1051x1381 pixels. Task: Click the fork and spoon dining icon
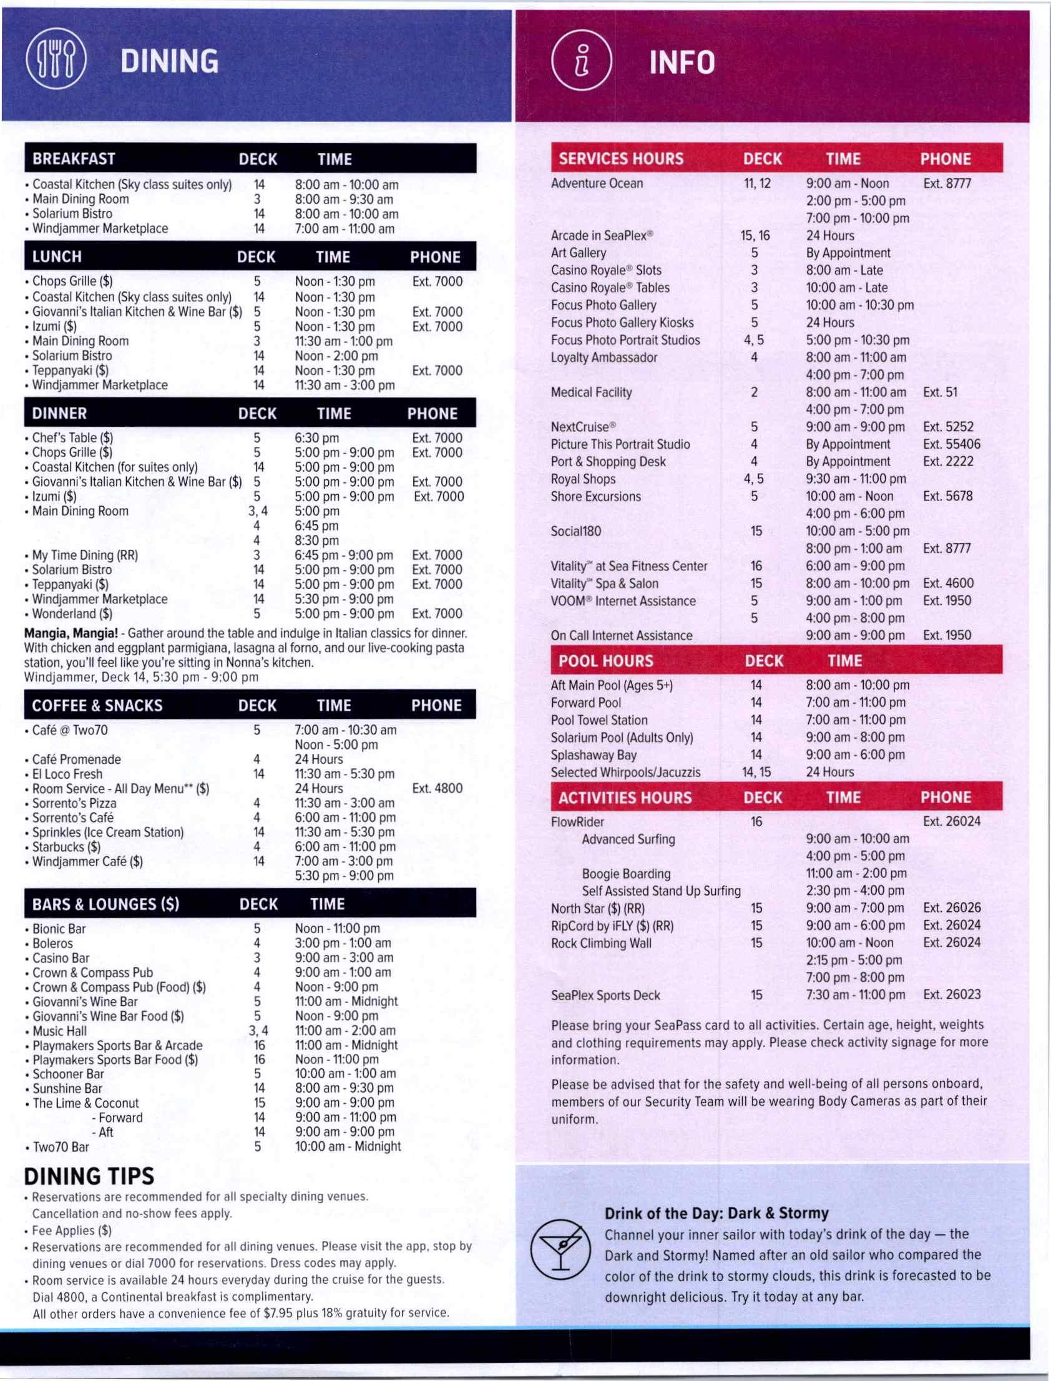(x=56, y=62)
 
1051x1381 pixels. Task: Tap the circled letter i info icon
(x=581, y=62)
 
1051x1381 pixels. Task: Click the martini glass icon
(x=560, y=1247)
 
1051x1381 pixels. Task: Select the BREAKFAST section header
(x=74, y=159)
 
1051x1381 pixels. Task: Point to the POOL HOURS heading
(x=605, y=660)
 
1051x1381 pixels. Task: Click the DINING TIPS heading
(x=89, y=1176)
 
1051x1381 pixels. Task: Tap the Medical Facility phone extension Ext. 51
(x=940, y=392)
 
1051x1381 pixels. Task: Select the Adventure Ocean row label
(x=597, y=183)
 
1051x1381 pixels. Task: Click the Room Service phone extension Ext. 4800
(x=438, y=788)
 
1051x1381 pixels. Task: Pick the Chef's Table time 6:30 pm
(x=316, y=438)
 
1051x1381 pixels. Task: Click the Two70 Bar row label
(x=61, y=1146)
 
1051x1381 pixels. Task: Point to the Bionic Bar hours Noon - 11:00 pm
(x=337, y=928)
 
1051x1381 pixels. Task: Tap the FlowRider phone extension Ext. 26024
(x=952, y=821)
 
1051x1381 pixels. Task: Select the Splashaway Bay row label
(x=593, y=754)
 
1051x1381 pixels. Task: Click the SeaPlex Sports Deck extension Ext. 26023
(x=952, y=995)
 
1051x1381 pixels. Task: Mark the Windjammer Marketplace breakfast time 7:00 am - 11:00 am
(x=345, y=229)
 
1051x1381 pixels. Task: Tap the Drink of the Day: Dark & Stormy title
(x=716, y=1213)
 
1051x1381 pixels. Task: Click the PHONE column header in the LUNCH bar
(x=435, y=257)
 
